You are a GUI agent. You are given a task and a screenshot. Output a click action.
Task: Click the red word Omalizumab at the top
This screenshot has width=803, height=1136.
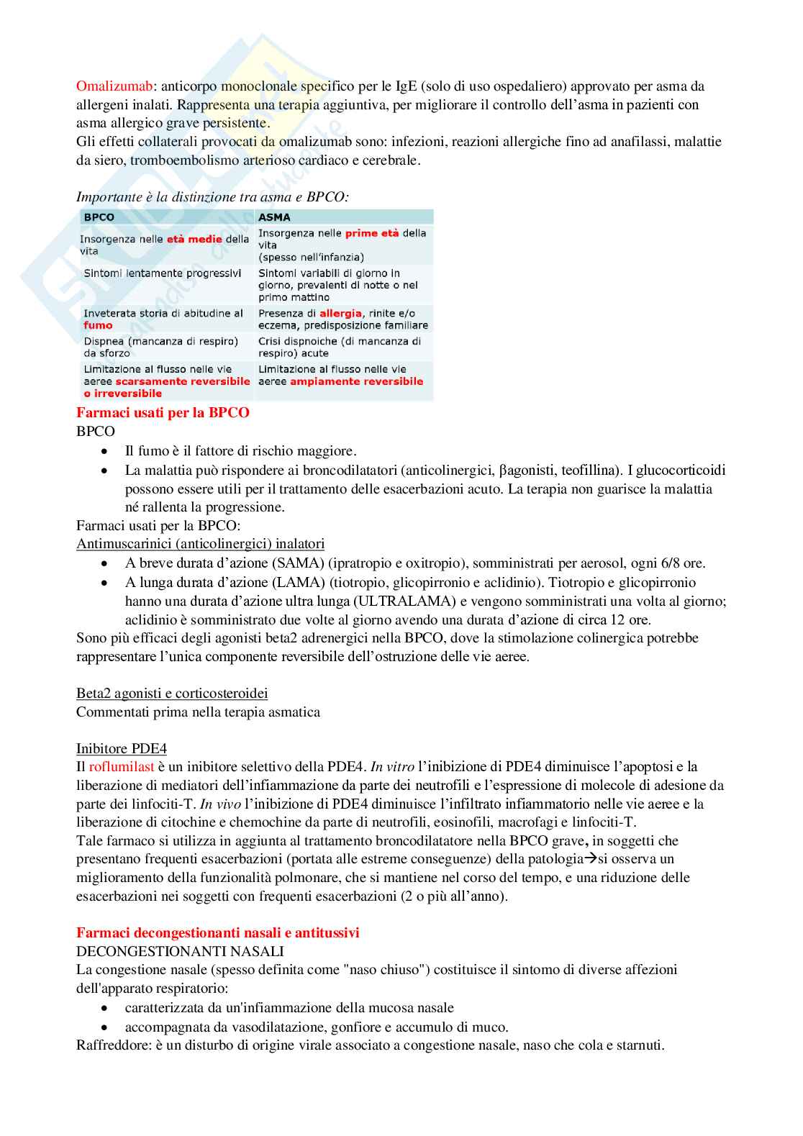[x=114, y=86]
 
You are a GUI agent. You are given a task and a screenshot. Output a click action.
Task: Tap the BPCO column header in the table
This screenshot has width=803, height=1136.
[x=99, y=217]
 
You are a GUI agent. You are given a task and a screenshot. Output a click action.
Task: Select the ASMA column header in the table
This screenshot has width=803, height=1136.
[x=274, y=217]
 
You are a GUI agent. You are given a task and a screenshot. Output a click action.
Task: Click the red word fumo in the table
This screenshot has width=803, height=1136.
[x=98, y=325]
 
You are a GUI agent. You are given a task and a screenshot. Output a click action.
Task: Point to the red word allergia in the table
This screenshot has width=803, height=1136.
[x=340, y=314]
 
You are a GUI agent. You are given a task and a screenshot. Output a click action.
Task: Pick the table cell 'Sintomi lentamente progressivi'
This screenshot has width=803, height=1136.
[x=163, y=273]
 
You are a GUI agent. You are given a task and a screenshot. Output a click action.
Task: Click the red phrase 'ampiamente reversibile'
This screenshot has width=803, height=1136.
[x=356, y=381]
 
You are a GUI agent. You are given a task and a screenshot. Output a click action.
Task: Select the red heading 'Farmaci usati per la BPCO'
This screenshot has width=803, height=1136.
[x=163, y=413]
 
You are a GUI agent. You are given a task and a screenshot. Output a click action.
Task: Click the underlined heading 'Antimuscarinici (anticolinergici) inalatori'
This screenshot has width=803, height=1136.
[x=200, y=544]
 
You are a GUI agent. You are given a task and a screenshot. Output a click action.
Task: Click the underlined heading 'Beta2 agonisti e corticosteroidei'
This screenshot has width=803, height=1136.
[x=172, y=694]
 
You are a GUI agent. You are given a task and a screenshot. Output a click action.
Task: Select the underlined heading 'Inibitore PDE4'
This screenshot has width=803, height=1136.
[x=122, y=749]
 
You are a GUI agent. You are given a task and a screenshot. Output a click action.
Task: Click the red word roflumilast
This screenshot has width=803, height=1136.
[x=122, y=767]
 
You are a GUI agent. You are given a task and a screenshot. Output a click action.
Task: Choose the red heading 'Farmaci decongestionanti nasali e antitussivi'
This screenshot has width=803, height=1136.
[x=217, y=933]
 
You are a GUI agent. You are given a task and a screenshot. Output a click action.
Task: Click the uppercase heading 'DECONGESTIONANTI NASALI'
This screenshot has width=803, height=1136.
[x=180, y=951]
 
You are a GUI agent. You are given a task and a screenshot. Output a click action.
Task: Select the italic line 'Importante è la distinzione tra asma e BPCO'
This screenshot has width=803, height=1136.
[x=212, y=197]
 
